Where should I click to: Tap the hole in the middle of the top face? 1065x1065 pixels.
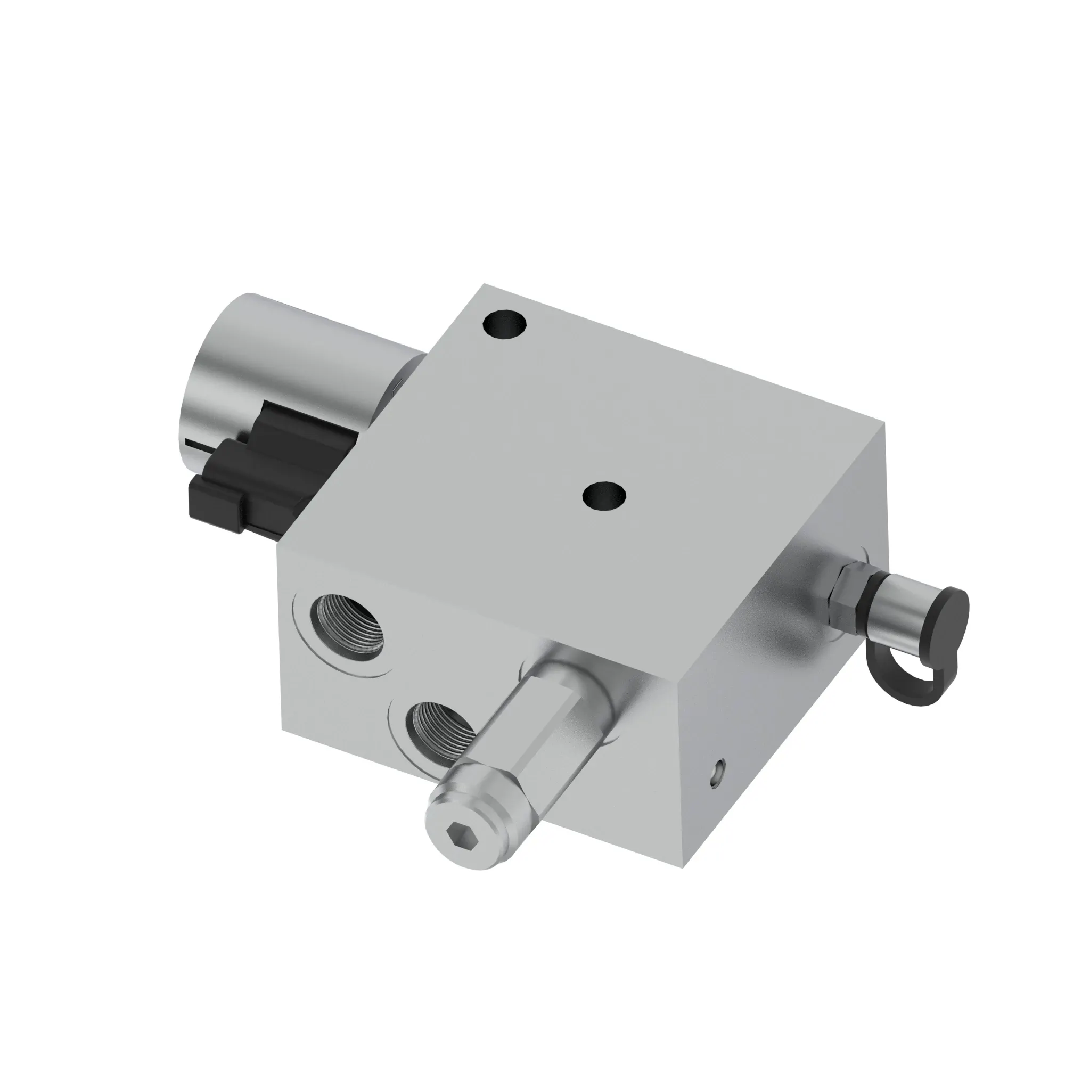tap(604, 495)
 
